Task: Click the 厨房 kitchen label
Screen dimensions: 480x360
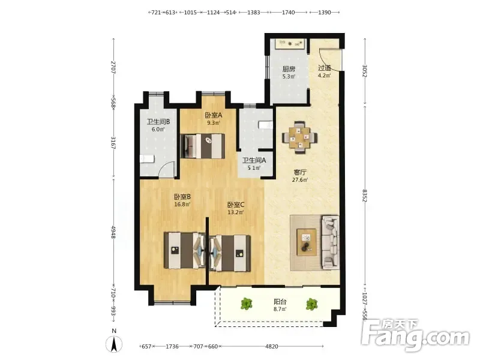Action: click(x=289, y=69)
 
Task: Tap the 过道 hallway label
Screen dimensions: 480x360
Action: click(x=325, y=68)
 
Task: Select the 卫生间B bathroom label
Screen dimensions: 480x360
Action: click(x=158, y=122)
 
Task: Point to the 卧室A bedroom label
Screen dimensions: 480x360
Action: click(x=214, y=115)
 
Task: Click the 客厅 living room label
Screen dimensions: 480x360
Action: click(x=300, y=172)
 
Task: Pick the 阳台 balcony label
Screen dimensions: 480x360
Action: click(x=280, y=302)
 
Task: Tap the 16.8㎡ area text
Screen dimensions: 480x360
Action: click(x=182, y=204)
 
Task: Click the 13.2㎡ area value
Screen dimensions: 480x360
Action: click(x=235, y=212)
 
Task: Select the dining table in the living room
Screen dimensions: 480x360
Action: click(x=299, y=137)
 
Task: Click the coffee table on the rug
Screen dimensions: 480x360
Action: click(x=307, y=242)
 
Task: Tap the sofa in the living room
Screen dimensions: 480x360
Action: click(x=331, y=243)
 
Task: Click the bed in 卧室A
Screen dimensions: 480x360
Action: click(x=203, y=146)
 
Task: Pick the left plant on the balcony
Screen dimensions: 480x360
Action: click(x=246, y=304)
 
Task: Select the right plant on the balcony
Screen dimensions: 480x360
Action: click(x=311, y=304)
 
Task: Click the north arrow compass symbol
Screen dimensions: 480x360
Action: click(x=114, y=343)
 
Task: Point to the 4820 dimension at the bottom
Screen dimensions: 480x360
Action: click(x=272, y=347)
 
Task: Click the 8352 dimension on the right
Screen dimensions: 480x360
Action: click(x=365, y=196)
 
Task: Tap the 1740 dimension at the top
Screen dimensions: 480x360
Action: click(x=288, y=13)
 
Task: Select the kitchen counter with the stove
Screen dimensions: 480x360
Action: click(x=290, y=44)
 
